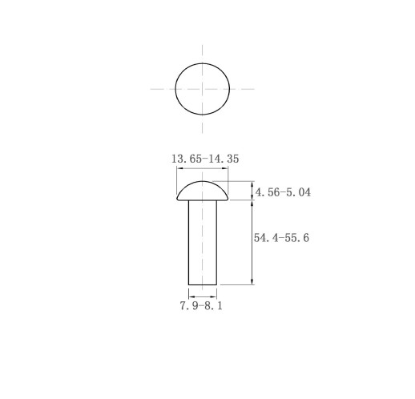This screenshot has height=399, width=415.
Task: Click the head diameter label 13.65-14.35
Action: (205, 159)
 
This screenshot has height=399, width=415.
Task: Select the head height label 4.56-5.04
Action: (283, 192)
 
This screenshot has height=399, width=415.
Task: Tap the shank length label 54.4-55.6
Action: (281, 238)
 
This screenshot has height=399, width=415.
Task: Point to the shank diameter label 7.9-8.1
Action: (201, 305)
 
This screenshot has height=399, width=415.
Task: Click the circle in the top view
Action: (175, 89)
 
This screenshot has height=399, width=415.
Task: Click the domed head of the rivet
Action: (203, 191)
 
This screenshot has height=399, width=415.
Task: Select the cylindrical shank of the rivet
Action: (203, 243)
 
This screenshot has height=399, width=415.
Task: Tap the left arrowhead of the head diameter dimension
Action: (179, 168)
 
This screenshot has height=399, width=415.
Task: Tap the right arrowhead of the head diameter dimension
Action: (225, 168)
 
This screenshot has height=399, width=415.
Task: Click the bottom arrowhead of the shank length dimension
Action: (252, 282)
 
